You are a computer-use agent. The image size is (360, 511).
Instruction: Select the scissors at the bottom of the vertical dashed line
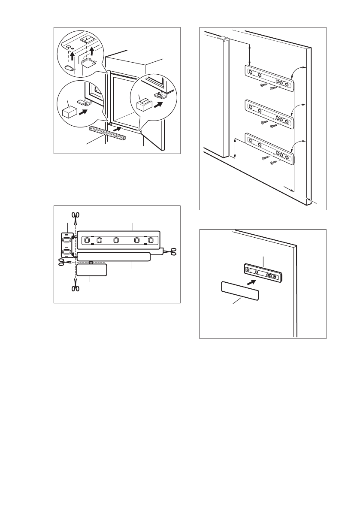tap(76, 288)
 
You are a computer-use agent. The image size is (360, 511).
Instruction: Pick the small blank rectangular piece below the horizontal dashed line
tap(92, 270)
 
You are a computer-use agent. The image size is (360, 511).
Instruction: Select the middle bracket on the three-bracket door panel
tap(269, 112)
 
